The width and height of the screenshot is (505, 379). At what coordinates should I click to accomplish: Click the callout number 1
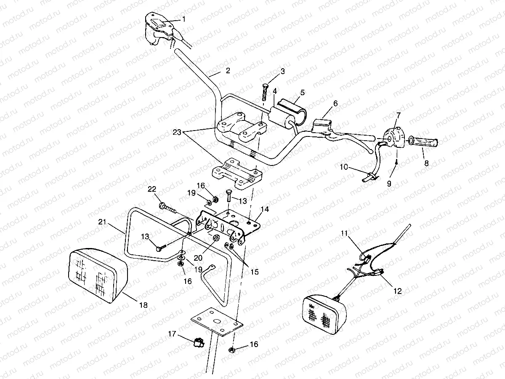click(183, 19)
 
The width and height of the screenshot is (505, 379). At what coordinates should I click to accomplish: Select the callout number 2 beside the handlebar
click(227, 71)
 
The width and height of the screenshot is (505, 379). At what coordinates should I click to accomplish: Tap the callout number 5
click(302, 92)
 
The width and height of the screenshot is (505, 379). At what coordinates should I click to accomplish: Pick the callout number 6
click(335, 103)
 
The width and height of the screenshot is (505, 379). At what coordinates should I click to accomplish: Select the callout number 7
click(398, 114)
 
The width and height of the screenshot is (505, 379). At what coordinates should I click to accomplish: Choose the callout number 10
click(344, 167)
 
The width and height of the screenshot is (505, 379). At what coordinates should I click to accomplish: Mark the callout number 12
click(398, 291)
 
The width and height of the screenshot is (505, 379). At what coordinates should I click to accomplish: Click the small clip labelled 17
click(197, 344)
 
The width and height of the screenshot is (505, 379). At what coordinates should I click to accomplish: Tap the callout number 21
click(102, 222)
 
